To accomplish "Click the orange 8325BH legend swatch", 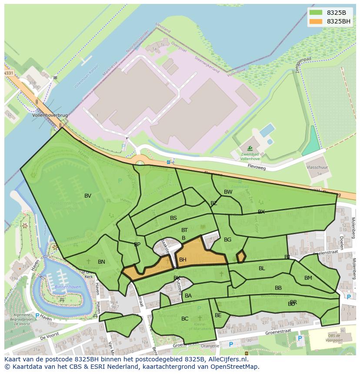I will point(316,21).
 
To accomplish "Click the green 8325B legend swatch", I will point(316,13).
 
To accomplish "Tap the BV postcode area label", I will point(88,196).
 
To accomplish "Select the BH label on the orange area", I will point(183,260).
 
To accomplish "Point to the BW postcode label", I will point(228,192).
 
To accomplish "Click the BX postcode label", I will point(261,212).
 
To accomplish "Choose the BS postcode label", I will point(173,218).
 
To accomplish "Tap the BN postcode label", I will point(101,262).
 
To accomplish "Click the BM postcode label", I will point(308,278).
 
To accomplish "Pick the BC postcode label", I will point(185,319).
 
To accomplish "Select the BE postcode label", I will point(218,315).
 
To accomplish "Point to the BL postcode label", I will point(262,268).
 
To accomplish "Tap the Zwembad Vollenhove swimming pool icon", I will point(250,149).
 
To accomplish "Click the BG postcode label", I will point(227,240).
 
